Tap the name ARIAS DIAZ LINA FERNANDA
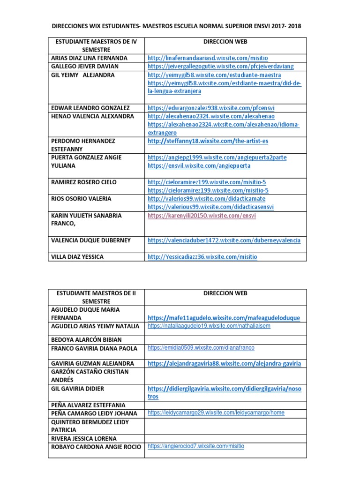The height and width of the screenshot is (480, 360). coord(89,58)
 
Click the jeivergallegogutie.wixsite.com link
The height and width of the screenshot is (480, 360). coord(220,67)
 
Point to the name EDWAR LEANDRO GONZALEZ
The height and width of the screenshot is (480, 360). coord(90,108)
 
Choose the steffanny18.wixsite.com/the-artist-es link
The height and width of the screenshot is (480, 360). coord(208,141)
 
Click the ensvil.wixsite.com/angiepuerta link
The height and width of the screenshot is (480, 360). coord(199,166)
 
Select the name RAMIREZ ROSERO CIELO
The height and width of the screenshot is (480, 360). coord(84,182)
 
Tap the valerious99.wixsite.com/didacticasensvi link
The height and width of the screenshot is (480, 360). coord(210,207)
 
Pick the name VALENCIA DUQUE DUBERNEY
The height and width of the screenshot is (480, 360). coord(90,240)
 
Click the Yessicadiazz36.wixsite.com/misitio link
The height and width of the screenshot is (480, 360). coord(202,257)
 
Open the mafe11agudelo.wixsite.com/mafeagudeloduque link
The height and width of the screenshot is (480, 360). coord(224,318)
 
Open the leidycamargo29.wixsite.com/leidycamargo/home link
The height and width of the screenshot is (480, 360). coord(216,413)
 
